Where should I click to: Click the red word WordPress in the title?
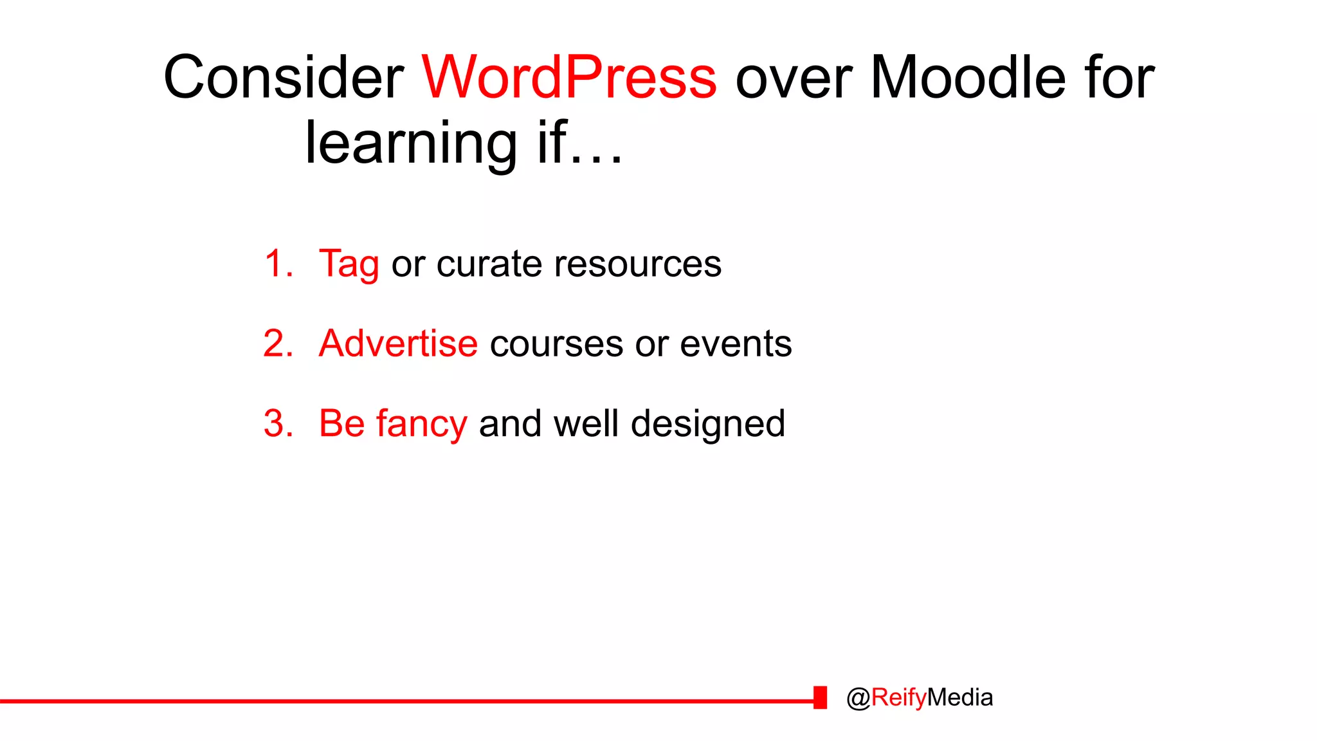[x=568, y=77]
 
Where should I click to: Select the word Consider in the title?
[x=284, y=77]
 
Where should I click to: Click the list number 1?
[x=278, y=264]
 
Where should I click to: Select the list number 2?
[x=278, y=343]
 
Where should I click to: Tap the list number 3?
[x=278, y=423]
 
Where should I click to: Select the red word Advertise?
[x=398, y=343]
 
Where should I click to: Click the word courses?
[x=556, y=345]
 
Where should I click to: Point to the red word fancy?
[x=421, y=425]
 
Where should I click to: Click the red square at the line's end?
[x=820, y=697]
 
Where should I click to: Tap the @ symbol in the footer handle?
[x=858, y=698]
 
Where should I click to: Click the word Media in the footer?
[x=960, y=697]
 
